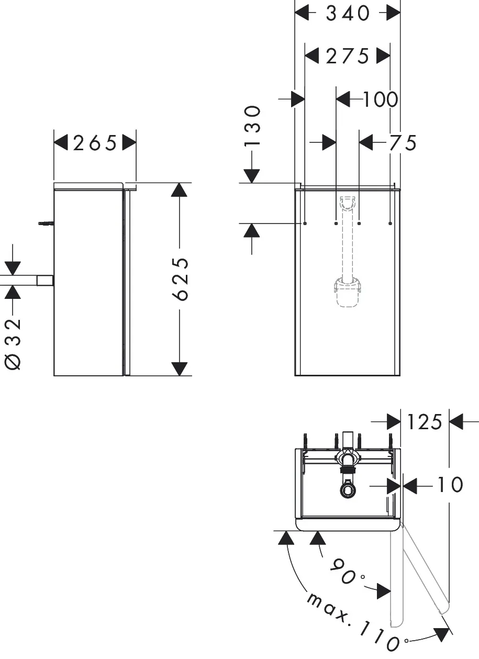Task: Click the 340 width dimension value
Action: [x=348, y=14]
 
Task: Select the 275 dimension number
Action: [x=348, y=55]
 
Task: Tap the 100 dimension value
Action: [x=381, y=99]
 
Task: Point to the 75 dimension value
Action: [x=403, y=142]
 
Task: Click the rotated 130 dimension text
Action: [x=252, y=126]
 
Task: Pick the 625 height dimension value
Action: [x=180, y=279]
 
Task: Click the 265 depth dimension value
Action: [x=95, y=142]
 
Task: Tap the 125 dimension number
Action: [x=425, y=422]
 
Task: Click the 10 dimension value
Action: [x=450, y=485]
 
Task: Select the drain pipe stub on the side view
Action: [x=45, y=281]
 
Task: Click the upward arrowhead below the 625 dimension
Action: [x=180, y=368]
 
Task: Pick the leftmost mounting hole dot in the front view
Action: [x=305, y=224]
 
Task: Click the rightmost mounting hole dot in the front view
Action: [x=391, y=224]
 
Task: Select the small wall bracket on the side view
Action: [x=46, y=224]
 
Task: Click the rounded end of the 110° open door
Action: [x=443, y=608]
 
